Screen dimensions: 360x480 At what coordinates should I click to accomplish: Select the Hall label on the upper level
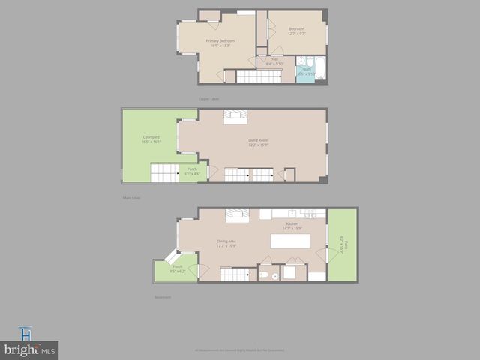275,61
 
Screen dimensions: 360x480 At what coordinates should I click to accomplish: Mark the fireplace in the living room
235,115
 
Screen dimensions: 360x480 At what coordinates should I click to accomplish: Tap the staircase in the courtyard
163,174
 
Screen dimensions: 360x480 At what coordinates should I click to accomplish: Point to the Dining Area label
226,243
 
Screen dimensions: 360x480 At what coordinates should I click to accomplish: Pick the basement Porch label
178,268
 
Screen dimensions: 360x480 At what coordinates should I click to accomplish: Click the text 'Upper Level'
208,98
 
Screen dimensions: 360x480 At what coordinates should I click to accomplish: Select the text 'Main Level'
131,198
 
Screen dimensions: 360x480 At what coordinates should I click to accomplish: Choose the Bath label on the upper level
306,71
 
